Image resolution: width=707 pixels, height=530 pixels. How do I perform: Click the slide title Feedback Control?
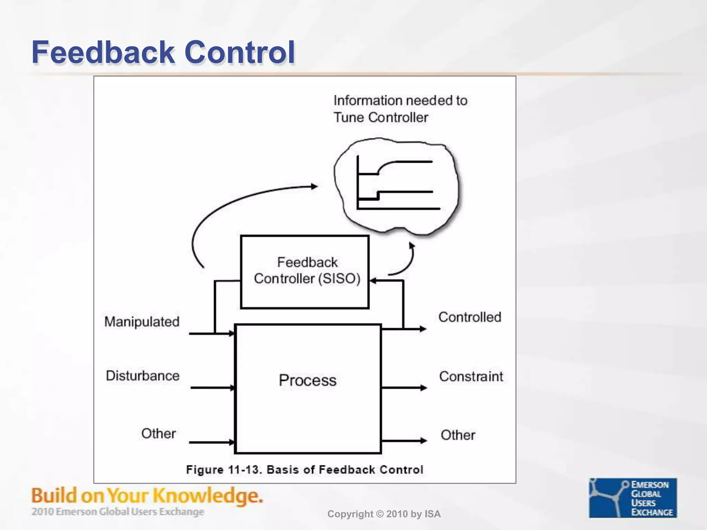pyautogui.click(x=163, y=52)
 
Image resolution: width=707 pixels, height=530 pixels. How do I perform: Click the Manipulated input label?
pyautogui.click(x=142, y=322)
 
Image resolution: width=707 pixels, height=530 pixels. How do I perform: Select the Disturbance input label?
pyautogui.click(x=143, y=376)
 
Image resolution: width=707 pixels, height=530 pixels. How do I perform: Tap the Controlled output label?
pyautogui.click(x=469, y=317)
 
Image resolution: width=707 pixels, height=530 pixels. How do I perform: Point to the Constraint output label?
pyautogui.click(x=471, y=376)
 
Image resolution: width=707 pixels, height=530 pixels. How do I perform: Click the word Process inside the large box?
pyautogui.click(x=307, y=381)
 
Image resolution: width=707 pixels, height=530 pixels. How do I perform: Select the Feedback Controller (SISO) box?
pyautogui.click(x=304, y=272)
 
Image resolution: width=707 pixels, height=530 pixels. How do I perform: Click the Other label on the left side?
pyautogui.click(x=158, y=434)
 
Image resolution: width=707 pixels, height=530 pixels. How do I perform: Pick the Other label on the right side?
pyautogui.click(x=458, y=435)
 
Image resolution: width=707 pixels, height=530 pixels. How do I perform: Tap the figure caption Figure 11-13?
pyautogui.click(x=304, y=470)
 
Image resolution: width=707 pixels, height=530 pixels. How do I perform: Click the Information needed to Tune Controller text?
pyautogui.click(x=400, y=109)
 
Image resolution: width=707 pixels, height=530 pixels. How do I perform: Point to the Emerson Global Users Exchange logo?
pyautogui.click(x=632, y=498)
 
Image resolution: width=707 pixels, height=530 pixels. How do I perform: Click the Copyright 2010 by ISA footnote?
pyautogui.click(x=384, y=514)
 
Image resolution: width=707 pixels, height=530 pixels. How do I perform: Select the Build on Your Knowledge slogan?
pyautogui.click(x=147, y=495)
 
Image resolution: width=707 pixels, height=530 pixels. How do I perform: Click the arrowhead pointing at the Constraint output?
pyautogui.click(x=424, y=388)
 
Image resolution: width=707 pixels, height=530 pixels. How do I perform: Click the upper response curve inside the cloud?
pyautogui.click(x=404, y=162)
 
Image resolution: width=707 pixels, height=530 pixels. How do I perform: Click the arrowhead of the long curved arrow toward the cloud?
pyautogui.click(x=314, y=187)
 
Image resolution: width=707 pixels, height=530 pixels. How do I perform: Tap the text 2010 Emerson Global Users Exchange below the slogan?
pyautogui.click(x=118, y=512)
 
